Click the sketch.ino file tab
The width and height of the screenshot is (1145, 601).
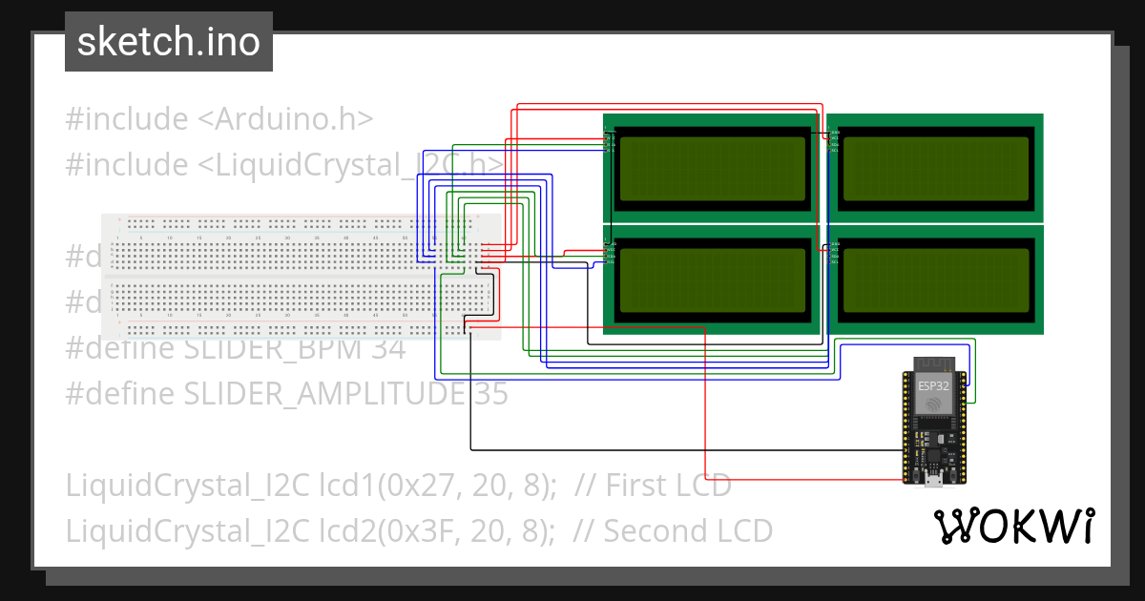(x=168, y=42)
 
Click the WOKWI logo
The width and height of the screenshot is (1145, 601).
(x=1012, y=526)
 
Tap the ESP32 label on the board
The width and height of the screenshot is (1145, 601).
(x=934, y=386)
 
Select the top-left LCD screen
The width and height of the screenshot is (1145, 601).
(x=711, y=169)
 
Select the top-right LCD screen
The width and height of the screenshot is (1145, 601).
(x=935, y=169)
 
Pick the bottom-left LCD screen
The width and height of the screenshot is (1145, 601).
(x=711, y=280)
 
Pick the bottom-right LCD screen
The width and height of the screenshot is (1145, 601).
(x=935, y=280)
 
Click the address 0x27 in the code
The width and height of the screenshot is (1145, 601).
(x=409, y=485)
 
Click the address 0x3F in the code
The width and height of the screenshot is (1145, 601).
(x=409, y=530)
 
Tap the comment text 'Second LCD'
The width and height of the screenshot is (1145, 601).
(x=688, y=530)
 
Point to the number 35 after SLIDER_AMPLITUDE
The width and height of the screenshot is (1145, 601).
(x=491, y=393)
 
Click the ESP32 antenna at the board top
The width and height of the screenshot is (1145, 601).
(x=934, y=363)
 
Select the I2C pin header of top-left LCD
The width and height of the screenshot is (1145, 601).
(x=609, y=139)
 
